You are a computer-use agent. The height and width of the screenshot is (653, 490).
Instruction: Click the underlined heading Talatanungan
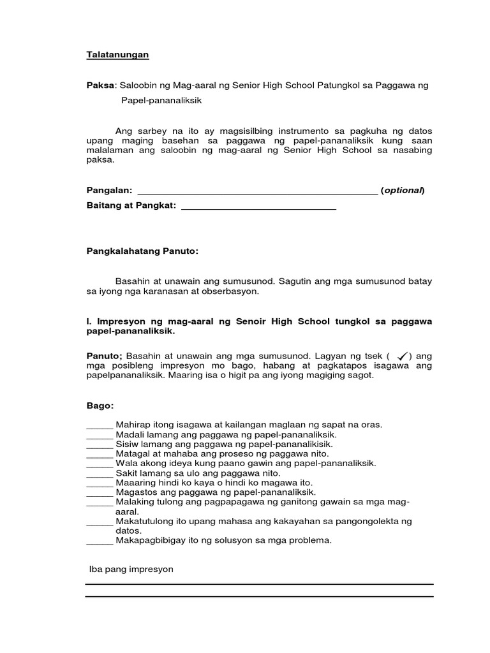117,55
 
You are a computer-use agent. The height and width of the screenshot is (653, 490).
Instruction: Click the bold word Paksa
100,85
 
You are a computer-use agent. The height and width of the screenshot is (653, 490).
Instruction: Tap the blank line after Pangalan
257,191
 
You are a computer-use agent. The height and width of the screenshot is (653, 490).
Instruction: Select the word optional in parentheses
403,190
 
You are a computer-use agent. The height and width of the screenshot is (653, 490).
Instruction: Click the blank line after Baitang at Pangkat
258,207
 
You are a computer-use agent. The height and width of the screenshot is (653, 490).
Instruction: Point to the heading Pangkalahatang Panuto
142,251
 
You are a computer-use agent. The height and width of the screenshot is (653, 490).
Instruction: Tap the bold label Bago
100,405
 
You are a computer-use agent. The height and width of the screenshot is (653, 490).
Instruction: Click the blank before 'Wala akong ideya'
99,464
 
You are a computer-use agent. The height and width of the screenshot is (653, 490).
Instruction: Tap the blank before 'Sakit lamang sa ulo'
99,474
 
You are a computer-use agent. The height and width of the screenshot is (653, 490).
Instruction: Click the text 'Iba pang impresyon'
131,569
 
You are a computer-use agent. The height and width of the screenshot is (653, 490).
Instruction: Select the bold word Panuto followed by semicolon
104,355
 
